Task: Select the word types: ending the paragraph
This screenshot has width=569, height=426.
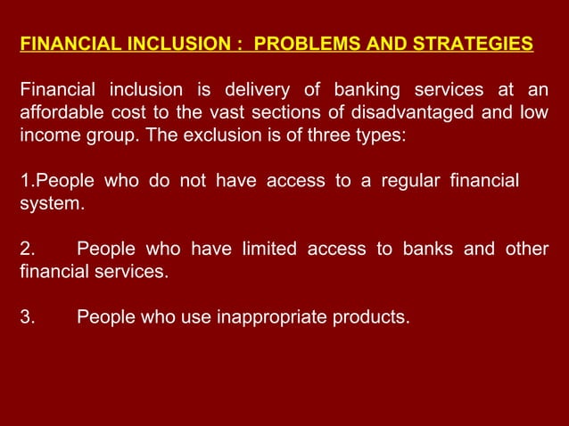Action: point(381,136)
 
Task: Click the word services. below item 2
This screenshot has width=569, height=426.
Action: point(129,272)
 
